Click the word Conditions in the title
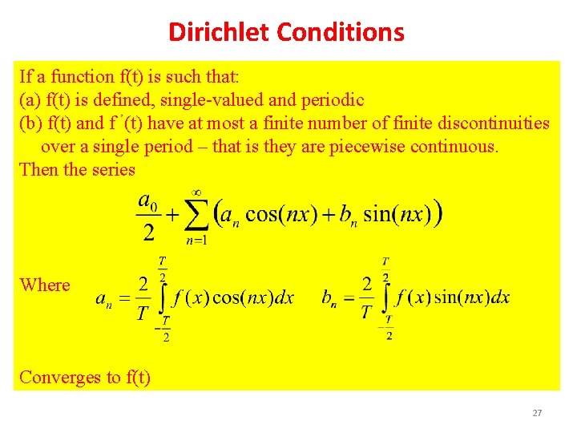[x=341, y=32]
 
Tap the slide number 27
[x=537, y=413]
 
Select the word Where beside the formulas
[x=45, y=285]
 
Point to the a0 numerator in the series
[x=147, y=199]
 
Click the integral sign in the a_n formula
[x=163, y=297]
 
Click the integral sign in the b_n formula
[x=388, y=297]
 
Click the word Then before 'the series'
[x=37, y=170]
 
